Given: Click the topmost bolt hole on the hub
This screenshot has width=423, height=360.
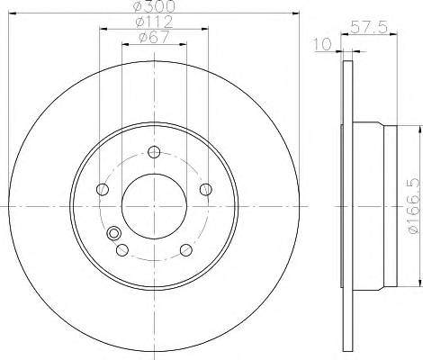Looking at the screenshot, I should [154, 152].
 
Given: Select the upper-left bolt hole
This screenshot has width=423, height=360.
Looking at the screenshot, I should [103, 189].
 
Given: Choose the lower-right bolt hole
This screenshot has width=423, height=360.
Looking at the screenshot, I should [185, 249].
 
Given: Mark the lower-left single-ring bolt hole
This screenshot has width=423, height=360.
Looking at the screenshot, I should [122, 249].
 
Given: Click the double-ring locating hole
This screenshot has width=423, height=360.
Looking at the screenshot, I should [114, 235].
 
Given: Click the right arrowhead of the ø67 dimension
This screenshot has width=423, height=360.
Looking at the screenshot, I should [182, 44].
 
